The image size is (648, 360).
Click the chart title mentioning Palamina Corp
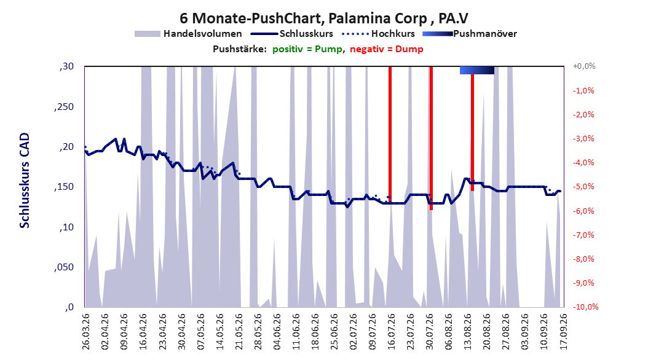coord(324,18)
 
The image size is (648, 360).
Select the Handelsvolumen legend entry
coord(188,34)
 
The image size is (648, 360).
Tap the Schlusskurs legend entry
coord(292,34)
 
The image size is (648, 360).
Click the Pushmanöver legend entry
coord(470,34)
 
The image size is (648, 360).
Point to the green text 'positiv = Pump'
coord(307,49)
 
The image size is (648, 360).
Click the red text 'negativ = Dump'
coord(387,49)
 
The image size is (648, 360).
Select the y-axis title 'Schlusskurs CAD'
coord(25,181)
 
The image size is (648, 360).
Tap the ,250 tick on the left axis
coord(64,106)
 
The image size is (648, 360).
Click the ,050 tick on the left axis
coord(64,267)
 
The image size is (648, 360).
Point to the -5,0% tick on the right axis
coord(583,187)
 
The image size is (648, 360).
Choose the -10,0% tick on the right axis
coord(585,307)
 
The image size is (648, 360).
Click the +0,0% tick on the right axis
coord(584,66)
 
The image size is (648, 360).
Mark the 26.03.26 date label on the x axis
coord(85,332)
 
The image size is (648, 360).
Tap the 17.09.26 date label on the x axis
coord(563,332)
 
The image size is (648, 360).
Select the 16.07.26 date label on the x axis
coord(391,332)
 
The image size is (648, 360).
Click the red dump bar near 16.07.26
coord(390,133)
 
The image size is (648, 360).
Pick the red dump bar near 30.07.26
coord(431,138)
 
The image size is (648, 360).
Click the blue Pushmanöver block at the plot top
coord(477,70)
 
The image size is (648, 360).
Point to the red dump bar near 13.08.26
coord(472,132)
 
